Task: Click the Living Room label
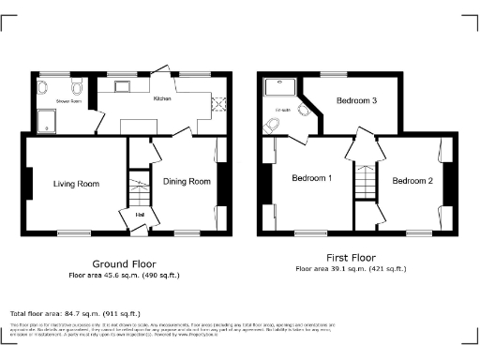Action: click(75, 184)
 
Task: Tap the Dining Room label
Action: click(187, 181)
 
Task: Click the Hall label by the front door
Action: click(140, 215)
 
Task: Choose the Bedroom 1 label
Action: click(312, 178)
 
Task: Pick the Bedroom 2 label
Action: click(412, 181)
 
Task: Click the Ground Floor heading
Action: click(124, 263)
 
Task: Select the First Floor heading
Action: click(351, 256)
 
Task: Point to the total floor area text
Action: click(75, 313)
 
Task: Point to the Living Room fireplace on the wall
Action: click(28, 184)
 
